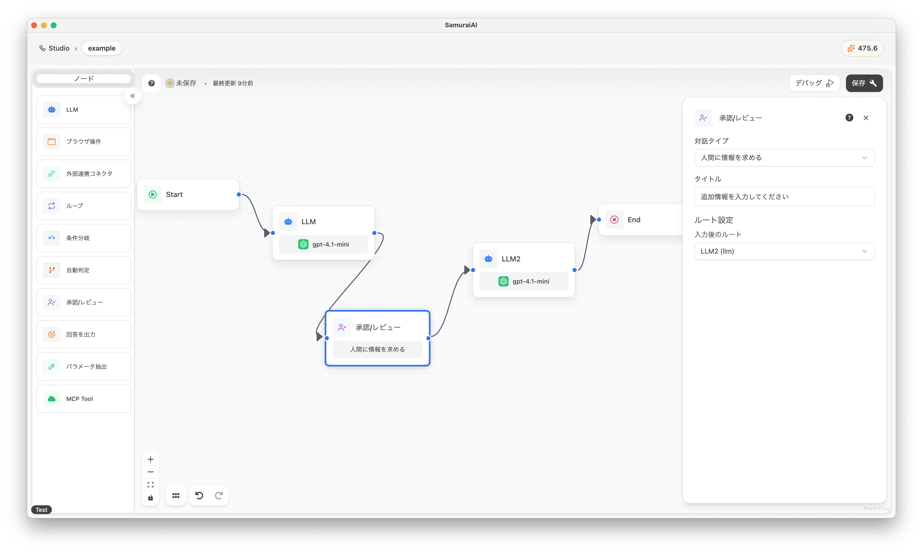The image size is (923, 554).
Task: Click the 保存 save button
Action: (x=864, y=83)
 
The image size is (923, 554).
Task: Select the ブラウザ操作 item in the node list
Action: (x=84, y=141)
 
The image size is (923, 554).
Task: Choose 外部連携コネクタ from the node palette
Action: (x=84, y=174)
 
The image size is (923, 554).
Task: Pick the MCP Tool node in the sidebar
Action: (x=84, y=399)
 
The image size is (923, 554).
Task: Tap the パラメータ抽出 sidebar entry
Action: (x=84, y=367)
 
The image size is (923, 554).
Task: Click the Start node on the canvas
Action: (x=188, y=194)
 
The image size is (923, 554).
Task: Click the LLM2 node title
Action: (x=511, y=259)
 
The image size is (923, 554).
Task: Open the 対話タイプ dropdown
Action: (x=784, y=157)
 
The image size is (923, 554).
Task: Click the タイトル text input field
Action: (x=784, y=197)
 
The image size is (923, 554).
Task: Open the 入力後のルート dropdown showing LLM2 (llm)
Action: (x=784, y=251)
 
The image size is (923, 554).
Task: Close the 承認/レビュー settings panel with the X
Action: (x=866, y=118)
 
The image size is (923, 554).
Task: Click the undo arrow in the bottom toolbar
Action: (x=199, y=495)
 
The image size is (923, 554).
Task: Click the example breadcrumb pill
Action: (x=102, y=48)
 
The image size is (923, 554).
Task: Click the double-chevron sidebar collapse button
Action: (x=133, y=96)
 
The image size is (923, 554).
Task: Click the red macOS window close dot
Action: (x=34, y=25)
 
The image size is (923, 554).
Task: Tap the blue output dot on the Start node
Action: (x=239, y=194)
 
